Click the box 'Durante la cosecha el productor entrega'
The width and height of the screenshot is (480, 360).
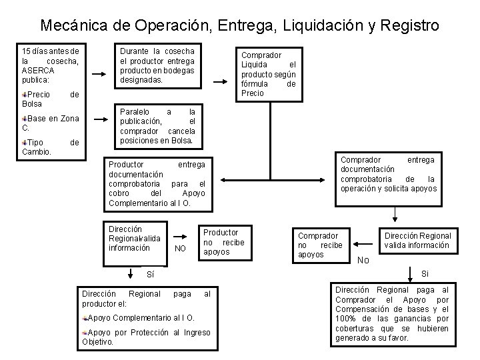coord(157,65)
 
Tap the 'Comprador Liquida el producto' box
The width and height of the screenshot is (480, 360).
coord(268,74)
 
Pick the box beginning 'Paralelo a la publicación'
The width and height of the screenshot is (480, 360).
coord(157,126)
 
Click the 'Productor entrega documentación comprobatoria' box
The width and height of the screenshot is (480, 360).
coord(157,183)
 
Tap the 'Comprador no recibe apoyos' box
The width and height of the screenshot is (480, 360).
coord(319,245)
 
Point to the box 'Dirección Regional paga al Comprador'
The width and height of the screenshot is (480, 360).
coord(391,314)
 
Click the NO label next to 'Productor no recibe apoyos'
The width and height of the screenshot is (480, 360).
coord(179,249)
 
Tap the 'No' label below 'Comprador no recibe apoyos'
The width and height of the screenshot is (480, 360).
coord(363,260)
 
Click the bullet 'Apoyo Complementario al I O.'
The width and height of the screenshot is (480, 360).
coord(141,318)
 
